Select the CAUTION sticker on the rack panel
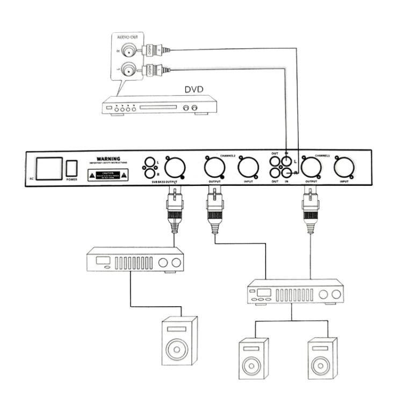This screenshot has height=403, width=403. tap(109, 175)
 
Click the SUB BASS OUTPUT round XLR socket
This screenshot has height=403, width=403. tap(174, 168)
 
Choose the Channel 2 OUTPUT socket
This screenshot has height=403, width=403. tap(214, 168)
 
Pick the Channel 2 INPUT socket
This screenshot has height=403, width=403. tap(248, 168)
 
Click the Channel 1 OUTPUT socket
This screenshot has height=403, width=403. tap(311, 168)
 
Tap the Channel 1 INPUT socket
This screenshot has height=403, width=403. tap(344, 168)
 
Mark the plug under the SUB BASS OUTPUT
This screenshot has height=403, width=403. tap(176, 210)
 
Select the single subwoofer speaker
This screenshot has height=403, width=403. tap(179, 342)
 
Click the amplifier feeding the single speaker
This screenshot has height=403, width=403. tap(135, 261)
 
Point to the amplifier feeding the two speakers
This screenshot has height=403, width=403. tap(295, 293)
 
